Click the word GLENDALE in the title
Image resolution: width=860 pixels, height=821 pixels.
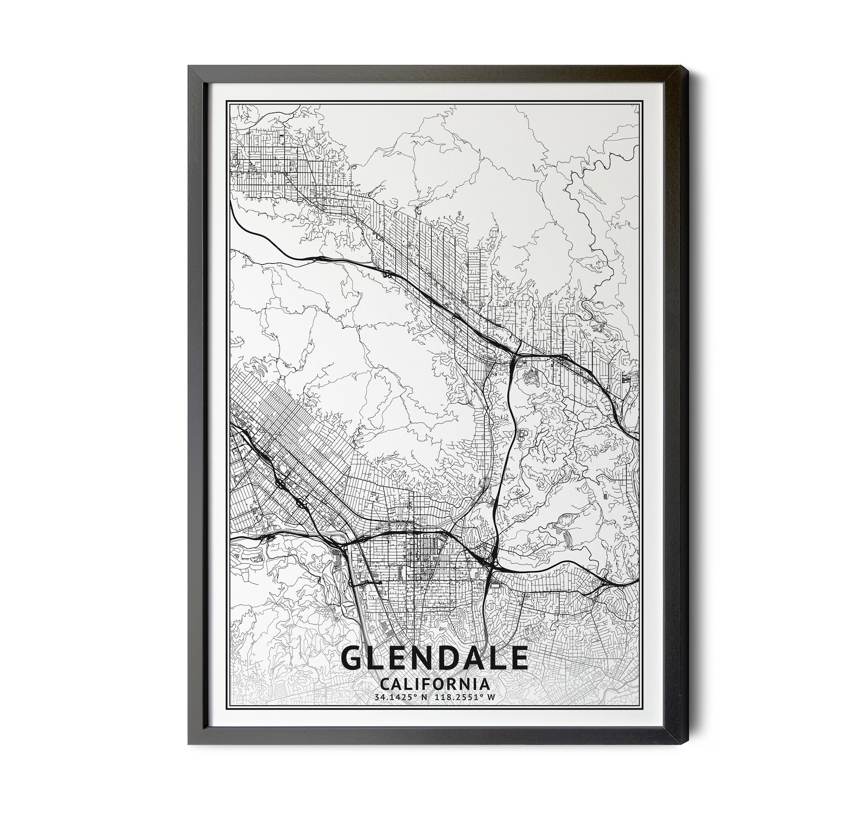[434, 658]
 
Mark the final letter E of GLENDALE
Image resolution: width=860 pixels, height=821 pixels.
[519, 658]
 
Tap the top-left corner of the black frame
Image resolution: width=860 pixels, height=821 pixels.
[188, 66]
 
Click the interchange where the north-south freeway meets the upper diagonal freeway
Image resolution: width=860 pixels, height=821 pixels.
[514, 357]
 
